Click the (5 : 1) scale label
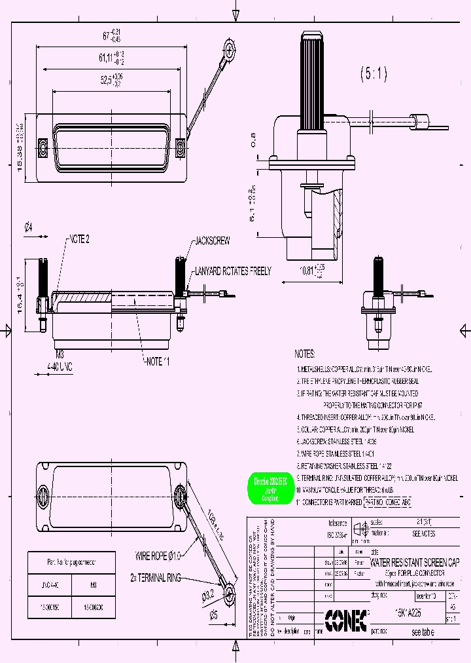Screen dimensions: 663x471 pos(374,75)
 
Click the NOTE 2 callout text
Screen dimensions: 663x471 pos(78,239)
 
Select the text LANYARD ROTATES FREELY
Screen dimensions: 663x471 pos(232,271)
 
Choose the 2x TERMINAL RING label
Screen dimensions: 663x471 pos(156,578)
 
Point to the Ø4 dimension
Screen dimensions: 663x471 pos(28,228)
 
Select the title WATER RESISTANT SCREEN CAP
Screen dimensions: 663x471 pos(415,562)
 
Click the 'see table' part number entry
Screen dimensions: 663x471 pos(423,633)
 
